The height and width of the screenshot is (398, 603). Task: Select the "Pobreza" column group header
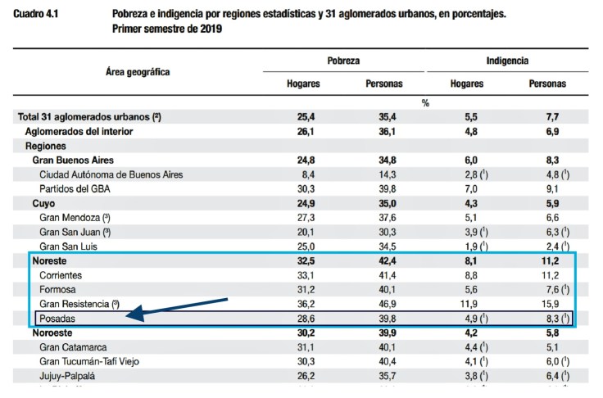343,61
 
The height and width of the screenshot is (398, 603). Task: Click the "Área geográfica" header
138,72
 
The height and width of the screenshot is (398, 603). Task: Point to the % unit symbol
425,103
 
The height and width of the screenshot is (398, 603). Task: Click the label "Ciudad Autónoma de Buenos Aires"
111,174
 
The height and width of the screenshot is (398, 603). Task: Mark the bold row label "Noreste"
51,260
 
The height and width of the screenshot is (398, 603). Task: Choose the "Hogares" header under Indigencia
466,84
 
